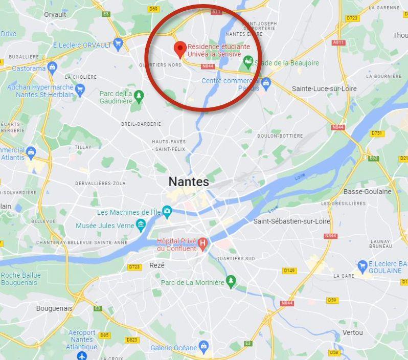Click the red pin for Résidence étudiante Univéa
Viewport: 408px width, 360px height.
click(x=179, y=50)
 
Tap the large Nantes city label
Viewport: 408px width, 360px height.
click(x=189, y=182)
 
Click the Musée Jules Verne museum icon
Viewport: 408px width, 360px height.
click(x=141, y=225)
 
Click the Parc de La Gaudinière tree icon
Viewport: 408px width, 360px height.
click(x=138, y=96)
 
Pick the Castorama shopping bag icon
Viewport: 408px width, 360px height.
click(x=52, y=67)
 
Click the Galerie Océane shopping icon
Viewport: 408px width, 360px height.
click(x=203, y=348)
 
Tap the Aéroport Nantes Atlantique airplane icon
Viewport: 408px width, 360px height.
click(x=82, y=355)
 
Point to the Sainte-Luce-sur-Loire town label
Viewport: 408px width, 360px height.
click(x=324, y=88)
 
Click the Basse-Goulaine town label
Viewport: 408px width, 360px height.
click(x=367, y=192)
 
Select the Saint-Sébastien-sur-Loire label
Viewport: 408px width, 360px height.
click(x=291, y=221)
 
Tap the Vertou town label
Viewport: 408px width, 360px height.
click(x=353, y=332)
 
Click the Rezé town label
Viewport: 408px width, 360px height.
click(x=157, y=265)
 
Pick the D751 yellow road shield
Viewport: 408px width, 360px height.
click(x=376, y=133)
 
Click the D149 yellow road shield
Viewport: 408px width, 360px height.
click(x=289, y=271)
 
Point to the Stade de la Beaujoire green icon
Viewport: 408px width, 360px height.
click(x=248, y=63)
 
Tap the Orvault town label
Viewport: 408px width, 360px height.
click(x=55, y=14)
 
